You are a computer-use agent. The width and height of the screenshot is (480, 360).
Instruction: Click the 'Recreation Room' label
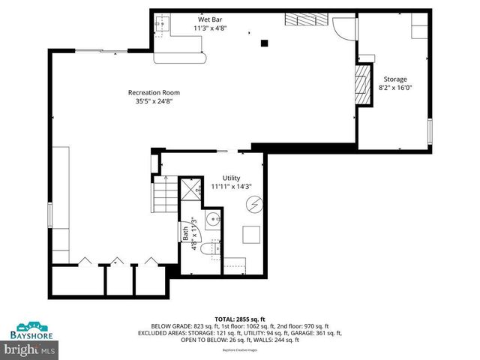coord(157,93)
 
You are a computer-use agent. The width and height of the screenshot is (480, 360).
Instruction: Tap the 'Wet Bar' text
coord(208,19)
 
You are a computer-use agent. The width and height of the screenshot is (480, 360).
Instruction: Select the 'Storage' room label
coord(395,79)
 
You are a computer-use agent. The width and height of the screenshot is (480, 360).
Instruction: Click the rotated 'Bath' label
coord(184,234)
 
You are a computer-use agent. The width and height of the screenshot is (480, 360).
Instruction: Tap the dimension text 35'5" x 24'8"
coord(157,102)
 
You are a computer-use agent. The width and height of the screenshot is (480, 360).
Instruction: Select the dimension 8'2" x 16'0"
coord(395,88)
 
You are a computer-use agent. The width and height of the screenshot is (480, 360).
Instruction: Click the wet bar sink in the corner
coord(160,25)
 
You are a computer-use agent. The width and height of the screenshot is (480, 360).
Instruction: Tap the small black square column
coord(263,43)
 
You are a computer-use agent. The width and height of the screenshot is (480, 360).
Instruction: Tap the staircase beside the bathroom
coord(164,197)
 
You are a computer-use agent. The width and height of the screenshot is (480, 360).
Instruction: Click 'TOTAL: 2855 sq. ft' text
coord(239,319)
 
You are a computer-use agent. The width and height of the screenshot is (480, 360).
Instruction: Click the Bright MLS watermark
coord(30,349)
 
